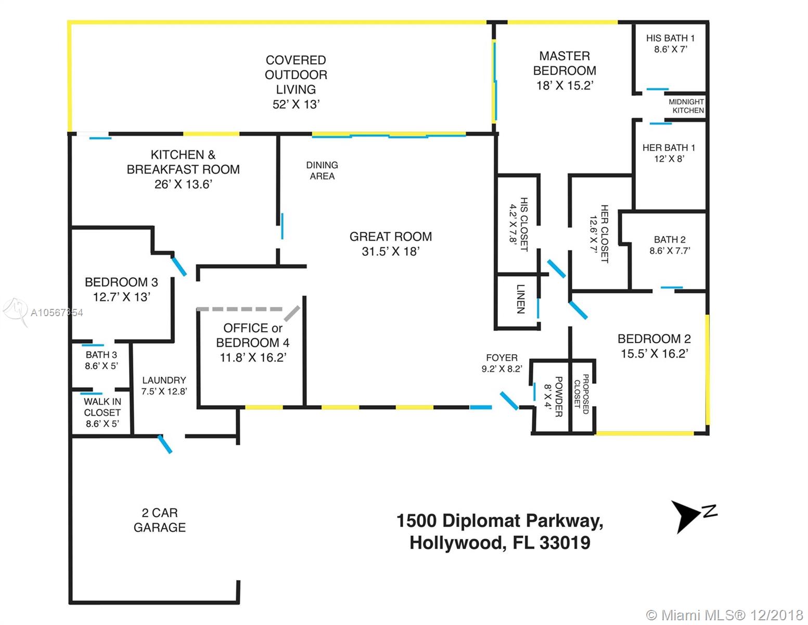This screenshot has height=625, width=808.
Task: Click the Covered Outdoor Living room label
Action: click(296, 74)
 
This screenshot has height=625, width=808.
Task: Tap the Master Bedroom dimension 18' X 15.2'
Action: click(565, 85)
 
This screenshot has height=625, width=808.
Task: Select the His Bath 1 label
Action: click(670, 39)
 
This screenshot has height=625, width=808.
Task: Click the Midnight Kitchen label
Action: click(686, 106)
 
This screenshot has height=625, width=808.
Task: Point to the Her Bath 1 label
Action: click(669, 148)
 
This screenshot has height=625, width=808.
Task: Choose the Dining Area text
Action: click(322, 170)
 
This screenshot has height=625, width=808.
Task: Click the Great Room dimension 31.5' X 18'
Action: click(391, 252)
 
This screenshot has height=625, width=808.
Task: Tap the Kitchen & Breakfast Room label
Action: click(183, 162)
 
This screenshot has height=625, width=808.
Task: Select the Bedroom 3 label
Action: click(121, 282)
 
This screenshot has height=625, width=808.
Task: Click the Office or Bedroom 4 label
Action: click(253, 335)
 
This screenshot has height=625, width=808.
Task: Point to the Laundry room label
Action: click(164, 380)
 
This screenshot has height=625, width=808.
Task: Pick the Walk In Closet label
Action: click(102, 407)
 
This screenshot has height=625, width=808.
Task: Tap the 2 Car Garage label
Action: click(160, 520)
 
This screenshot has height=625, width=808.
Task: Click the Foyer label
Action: click(502, 358)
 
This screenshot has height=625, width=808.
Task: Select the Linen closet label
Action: click(521, 299)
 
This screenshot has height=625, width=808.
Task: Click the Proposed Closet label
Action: click(581, 394)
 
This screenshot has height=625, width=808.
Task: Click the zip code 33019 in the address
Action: click(565, 543)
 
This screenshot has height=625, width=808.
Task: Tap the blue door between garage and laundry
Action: click(165, 444)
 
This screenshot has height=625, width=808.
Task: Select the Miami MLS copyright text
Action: click(724, 615)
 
